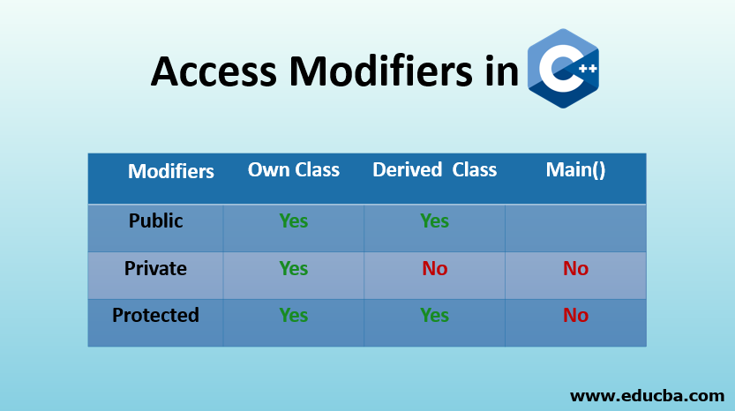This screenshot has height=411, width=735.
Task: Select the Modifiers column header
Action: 171,171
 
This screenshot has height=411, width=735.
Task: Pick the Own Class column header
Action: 293,169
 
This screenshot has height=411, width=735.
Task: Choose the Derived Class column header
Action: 434,169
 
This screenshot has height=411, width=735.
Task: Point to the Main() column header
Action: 575,169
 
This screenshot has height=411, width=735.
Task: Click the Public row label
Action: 156,220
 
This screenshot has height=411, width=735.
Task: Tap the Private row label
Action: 156,268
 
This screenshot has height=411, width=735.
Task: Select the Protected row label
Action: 155,315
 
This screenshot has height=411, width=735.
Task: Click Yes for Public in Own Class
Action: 293,221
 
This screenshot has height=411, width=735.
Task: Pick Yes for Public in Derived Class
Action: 434,221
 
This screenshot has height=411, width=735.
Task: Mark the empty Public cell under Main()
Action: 575,228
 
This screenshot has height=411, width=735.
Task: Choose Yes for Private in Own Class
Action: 293,269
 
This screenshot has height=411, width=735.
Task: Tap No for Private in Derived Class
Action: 434,269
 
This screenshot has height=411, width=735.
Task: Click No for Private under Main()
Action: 575,269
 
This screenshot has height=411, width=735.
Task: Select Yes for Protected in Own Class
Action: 293,316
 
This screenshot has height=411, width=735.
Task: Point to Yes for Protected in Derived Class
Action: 434,316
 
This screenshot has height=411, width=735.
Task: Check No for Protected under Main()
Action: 575,316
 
